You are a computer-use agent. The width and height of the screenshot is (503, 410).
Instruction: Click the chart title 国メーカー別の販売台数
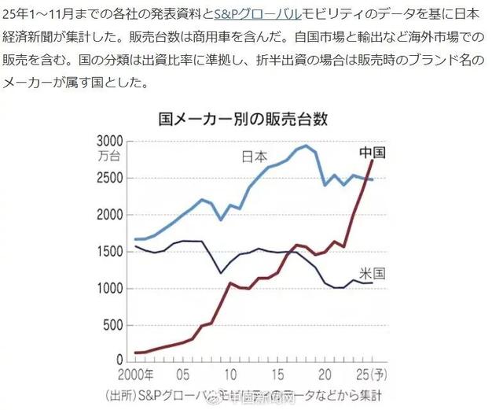tap(242, 120)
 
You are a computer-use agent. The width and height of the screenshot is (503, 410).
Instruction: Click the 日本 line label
tap(255, 157)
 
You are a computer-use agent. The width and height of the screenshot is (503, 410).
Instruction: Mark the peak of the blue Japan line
tap(306, 146)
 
